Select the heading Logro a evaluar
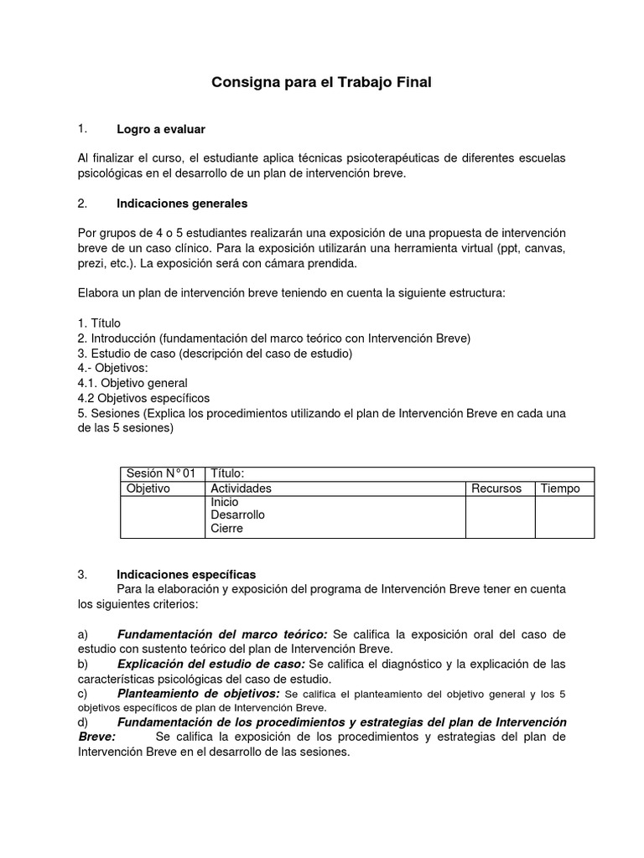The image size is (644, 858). tap(160, 129)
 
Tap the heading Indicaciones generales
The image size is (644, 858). tap(182, 204)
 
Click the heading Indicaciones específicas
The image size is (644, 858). tap(186, 574)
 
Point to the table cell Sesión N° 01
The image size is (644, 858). tap(160, 474)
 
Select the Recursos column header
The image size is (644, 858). tap(496, 488)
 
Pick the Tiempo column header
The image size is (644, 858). tap(560, 488)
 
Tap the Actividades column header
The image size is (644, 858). tap(241, 488)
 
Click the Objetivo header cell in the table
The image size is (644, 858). tap(148, 488)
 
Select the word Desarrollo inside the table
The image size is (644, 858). tap(237, 515)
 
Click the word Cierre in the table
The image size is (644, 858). tap(226, 530)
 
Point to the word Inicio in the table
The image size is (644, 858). tap(225, 502)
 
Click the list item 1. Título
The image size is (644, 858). tap(99, 323)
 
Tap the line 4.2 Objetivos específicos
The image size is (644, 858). tap(143, 398)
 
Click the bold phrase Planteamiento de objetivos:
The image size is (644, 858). tap(199, 695)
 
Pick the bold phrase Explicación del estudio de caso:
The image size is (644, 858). tap(210, 664)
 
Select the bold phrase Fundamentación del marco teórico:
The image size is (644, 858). tap(222, 634)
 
